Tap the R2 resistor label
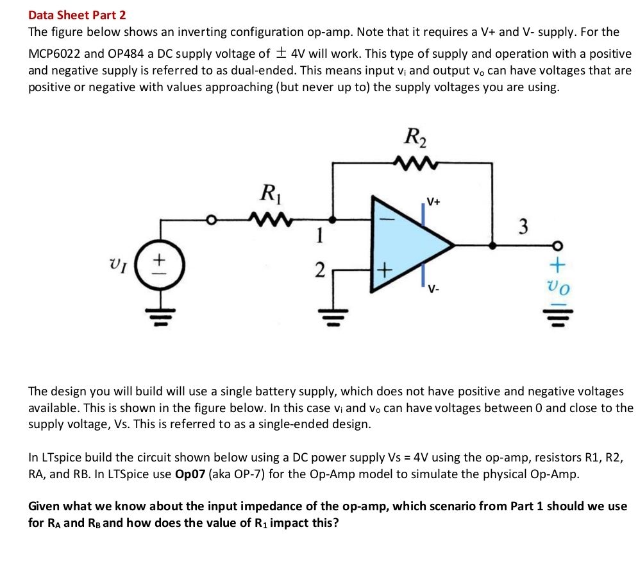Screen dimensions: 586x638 (x=416, y=137)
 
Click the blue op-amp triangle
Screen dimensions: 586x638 (x=410, y=244)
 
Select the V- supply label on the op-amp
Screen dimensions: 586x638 (x=434, y=288)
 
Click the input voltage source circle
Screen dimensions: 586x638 (x=160, y=263)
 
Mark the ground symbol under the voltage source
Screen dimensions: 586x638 (x=160, y=315)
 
